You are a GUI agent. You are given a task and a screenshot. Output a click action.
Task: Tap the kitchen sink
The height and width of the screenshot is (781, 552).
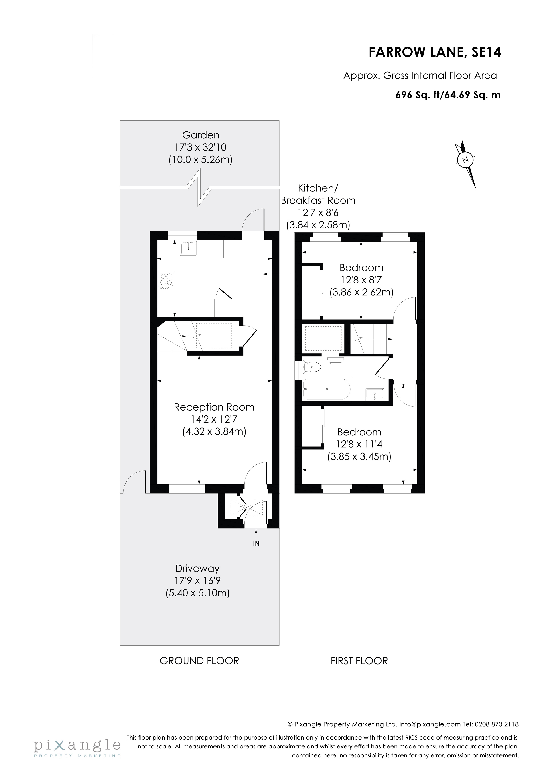coord(188,248)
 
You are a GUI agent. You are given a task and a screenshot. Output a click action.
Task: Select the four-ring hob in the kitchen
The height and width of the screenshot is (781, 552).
coord(166,280)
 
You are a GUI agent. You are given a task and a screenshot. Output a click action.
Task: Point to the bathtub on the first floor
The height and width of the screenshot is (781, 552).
coord(327,389)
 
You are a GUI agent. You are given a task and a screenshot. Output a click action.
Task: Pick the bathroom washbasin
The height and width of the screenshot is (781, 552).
coord(374,394)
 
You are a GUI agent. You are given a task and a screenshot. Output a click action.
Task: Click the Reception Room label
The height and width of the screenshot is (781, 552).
coord(214,407)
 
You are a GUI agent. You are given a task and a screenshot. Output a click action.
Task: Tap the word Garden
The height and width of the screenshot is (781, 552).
coord(201,135)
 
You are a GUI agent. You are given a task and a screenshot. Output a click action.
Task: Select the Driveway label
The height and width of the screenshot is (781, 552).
coord(197,568)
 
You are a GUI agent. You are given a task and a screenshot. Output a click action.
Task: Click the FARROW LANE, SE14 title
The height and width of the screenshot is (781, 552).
coord(435,52)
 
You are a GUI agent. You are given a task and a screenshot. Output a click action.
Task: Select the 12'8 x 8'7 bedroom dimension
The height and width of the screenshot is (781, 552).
coord(361,280)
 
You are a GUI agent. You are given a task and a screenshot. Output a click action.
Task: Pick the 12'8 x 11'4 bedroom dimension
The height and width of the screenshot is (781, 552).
coord(359,444)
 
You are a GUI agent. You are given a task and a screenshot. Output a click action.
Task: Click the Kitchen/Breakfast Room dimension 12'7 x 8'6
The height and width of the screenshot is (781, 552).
coord(318,213)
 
